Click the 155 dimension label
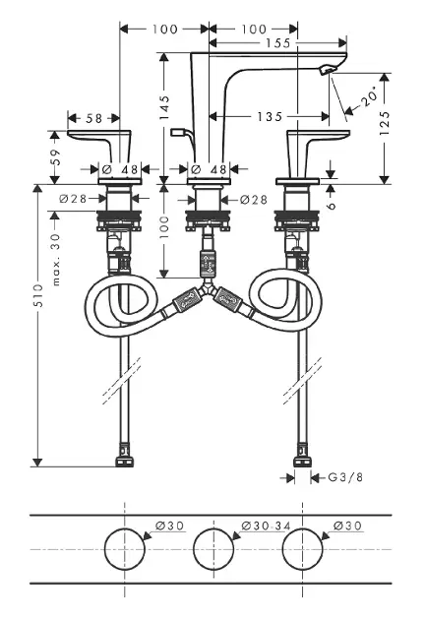[278, 43]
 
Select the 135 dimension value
[270, 117]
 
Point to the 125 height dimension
[385, 123]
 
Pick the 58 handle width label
[94, 118]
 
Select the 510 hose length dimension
[37, 295]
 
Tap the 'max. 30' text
[56, 259]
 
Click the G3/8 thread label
[345, 477]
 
